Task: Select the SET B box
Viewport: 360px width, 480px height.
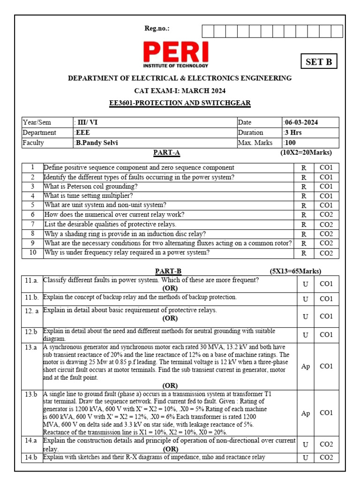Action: [x=319, y=62]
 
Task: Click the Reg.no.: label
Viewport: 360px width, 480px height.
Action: [x=157, y=29]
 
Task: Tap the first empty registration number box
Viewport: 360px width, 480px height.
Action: [x=208, y=31]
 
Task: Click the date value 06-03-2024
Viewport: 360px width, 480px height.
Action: [x=301, y=122]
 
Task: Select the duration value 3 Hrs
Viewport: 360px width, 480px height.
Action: [x=293, y=133]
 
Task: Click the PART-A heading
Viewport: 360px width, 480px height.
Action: [x=166, y=153]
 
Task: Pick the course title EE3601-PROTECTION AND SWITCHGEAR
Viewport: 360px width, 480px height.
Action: [x=180, y=103]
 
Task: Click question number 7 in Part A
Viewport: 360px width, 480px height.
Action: [x=33, y=224]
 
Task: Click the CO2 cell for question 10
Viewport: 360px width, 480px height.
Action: [x=326, y=253]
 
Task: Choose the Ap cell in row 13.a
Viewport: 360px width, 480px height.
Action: [x=305, y=366]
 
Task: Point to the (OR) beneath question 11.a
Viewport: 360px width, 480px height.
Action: [x=170, y=288]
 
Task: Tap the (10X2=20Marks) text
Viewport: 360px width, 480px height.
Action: [x=306, y=153]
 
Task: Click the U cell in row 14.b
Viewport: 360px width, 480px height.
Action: [x=305, y=457]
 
